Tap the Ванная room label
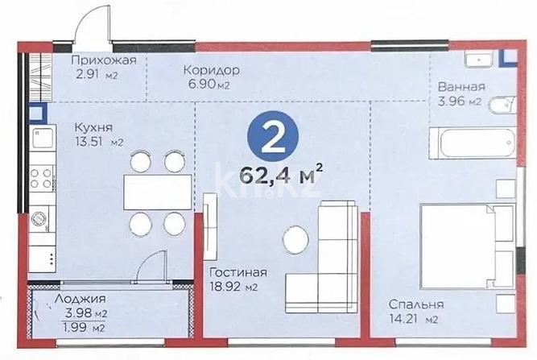[461, 87]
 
